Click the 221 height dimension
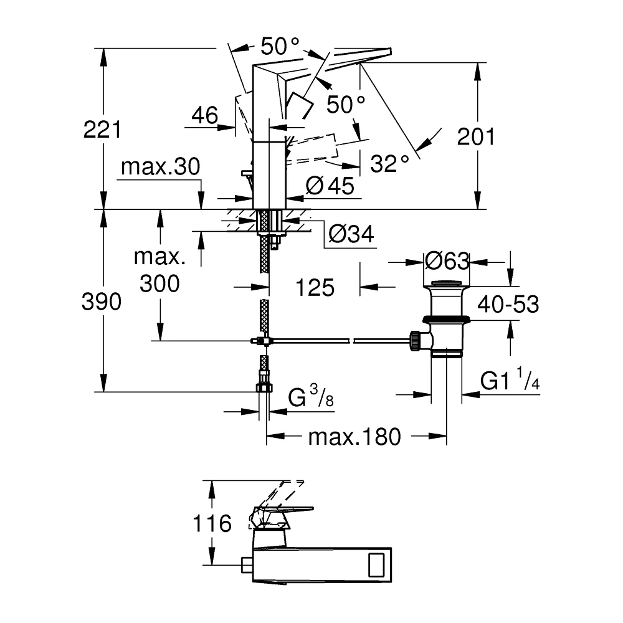tap(102, 130)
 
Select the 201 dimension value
tap(476, 136)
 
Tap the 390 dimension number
tap(102, 302)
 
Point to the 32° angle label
tap(390, 163)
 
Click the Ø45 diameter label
tap(330, 186)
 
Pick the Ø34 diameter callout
tap(351, 234)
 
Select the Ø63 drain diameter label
tap(447, 262)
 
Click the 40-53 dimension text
tap(508, 305)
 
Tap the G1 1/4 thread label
tap(510, 379)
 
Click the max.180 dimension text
tap(354, 437)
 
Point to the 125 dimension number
tap(315, 288)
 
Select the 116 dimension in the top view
tap(212, 523)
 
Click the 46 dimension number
tap(205, 115)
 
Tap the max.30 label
tap(161, 167)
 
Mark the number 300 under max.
tap(159, 283)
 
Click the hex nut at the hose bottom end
tap(264, 388)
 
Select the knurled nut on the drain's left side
tap(415, 341)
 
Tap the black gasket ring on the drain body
tap(447, 318)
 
